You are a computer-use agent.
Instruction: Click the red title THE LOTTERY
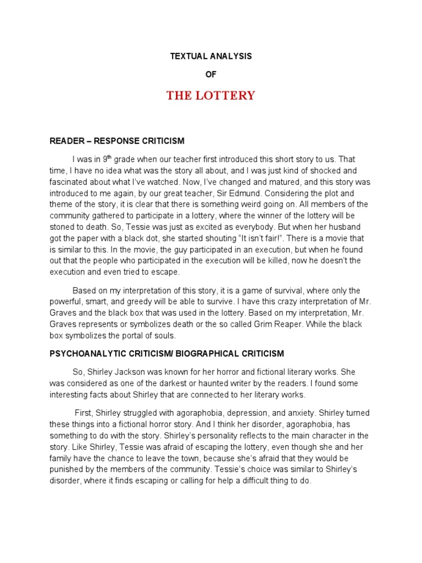click(211, 96)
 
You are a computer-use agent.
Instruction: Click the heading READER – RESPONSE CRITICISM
click(117, 141)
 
